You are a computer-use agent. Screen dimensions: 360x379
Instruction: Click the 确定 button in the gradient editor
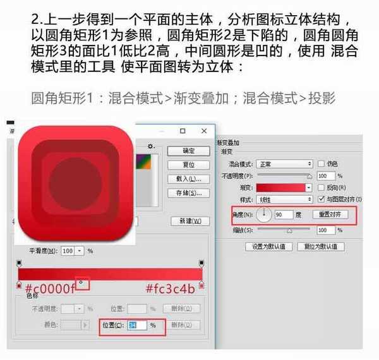[188, 151]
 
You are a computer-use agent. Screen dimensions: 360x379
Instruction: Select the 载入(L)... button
[188, 179]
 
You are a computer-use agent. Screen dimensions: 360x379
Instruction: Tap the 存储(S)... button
[188, 193]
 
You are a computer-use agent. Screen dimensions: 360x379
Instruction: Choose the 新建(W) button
[190, 221]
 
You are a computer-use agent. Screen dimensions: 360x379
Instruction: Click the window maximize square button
[183, 131]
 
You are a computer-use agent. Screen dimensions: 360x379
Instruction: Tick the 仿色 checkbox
[321, 164]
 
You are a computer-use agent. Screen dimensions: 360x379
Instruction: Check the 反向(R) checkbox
[321, 188]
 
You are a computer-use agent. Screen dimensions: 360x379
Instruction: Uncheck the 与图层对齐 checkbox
[321, 199]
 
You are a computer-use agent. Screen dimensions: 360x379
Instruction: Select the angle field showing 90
[283, 215]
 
